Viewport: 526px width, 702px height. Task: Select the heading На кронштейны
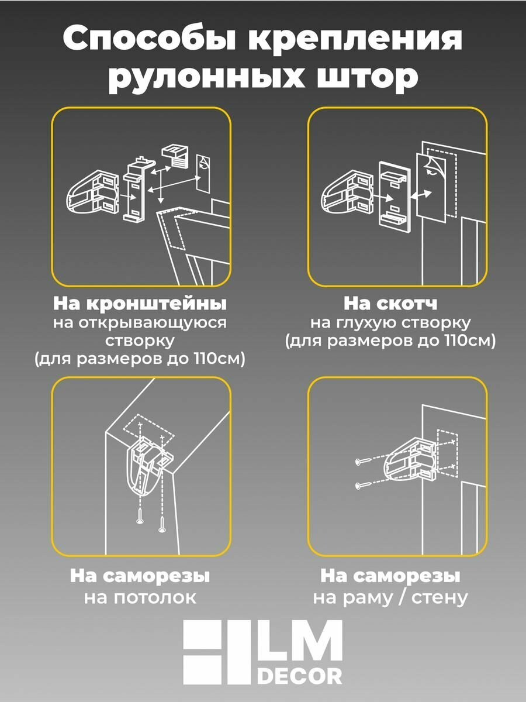140,304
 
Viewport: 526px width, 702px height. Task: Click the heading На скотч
390,304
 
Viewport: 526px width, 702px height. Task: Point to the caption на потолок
140,597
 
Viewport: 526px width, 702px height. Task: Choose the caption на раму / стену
390,597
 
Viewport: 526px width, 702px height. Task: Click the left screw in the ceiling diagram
140,518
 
